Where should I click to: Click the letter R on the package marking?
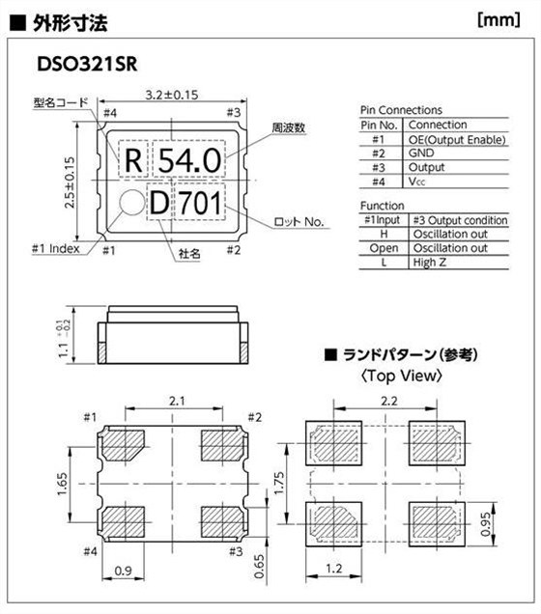pyautogui.click(x=133, y=160)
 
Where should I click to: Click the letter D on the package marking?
pyautogui.click(x=159, y=204)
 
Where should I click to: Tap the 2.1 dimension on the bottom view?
pyautogui.click(x=173, y=399)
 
